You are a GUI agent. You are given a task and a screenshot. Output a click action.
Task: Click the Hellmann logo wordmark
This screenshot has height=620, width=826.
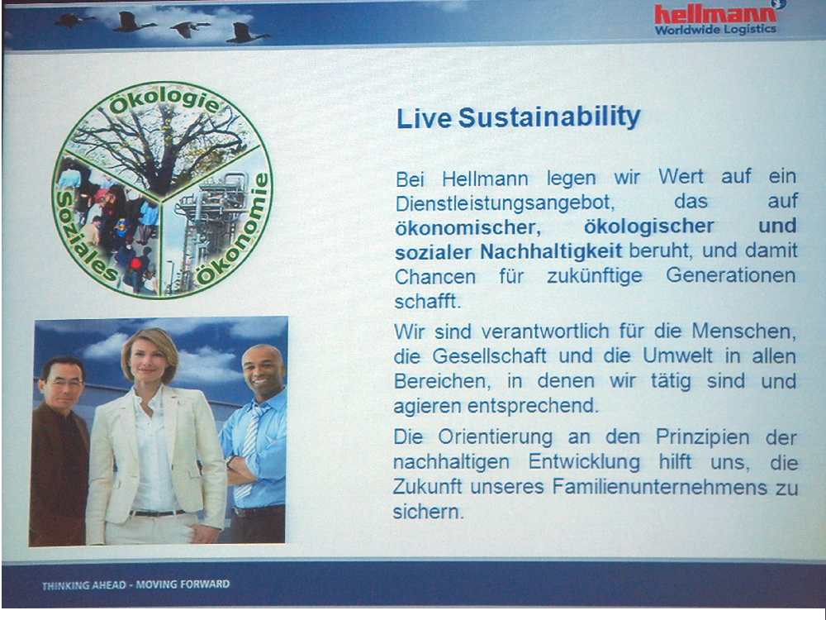tap(715, 14)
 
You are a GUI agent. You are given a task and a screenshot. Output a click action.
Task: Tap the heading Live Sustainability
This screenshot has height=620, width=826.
tap(519, 117)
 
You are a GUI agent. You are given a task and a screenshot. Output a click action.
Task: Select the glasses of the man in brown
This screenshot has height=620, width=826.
tap(62, 382)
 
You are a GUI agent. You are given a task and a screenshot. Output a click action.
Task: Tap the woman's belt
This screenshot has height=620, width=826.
tap(157, 513)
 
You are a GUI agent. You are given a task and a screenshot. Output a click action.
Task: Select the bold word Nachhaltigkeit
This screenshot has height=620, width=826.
tap(551, 251)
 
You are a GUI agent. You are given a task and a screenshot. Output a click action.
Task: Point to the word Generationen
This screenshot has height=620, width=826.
tap(731, 275)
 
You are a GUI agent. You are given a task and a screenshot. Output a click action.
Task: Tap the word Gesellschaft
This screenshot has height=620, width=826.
tap(489, 355)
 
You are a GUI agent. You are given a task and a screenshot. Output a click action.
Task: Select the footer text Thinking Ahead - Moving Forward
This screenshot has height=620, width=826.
tap(136, 584)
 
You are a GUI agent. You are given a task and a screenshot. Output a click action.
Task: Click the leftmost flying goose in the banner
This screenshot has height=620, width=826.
tap(73, 21)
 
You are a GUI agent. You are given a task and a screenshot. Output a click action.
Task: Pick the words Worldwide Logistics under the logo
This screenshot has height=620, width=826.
tap(715, 30)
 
